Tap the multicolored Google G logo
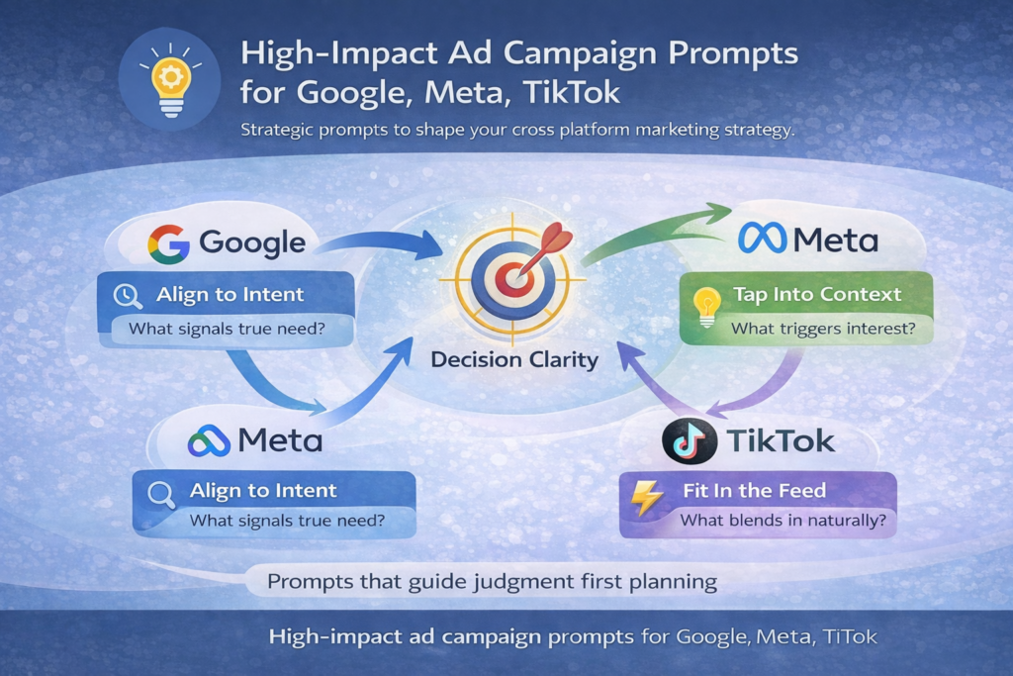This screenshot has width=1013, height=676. point(168,243)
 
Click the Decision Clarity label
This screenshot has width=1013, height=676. point(514,359)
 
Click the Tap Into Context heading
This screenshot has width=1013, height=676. point(817,295)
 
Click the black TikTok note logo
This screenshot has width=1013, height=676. point(690,441)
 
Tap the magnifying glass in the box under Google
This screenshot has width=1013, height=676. point(129,295)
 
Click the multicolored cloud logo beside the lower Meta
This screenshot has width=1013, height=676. point(209,440)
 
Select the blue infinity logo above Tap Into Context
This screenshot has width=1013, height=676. point(763,238)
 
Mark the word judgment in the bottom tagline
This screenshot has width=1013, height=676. point(523,581)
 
